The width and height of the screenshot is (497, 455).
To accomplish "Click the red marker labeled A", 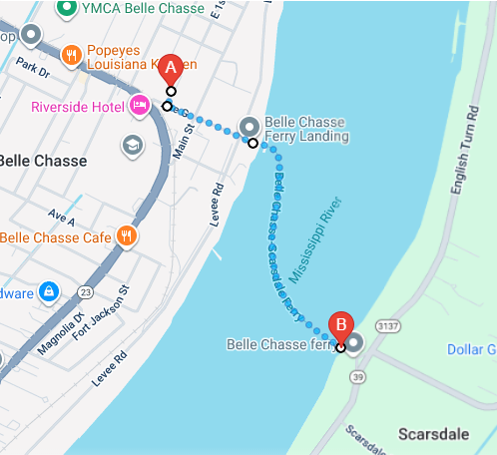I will [171, 69].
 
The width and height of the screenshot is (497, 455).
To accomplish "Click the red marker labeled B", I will [341, 324].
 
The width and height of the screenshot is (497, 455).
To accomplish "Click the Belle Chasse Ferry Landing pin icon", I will [248, 128].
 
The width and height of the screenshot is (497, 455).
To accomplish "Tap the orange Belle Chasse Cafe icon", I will [126, 236].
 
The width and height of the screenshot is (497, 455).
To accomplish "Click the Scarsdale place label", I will [434, 434].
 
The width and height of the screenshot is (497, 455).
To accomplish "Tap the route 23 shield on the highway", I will [86, 291].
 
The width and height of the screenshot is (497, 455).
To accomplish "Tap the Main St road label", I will [182, 137].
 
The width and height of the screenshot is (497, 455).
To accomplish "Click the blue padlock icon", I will [47, 291].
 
